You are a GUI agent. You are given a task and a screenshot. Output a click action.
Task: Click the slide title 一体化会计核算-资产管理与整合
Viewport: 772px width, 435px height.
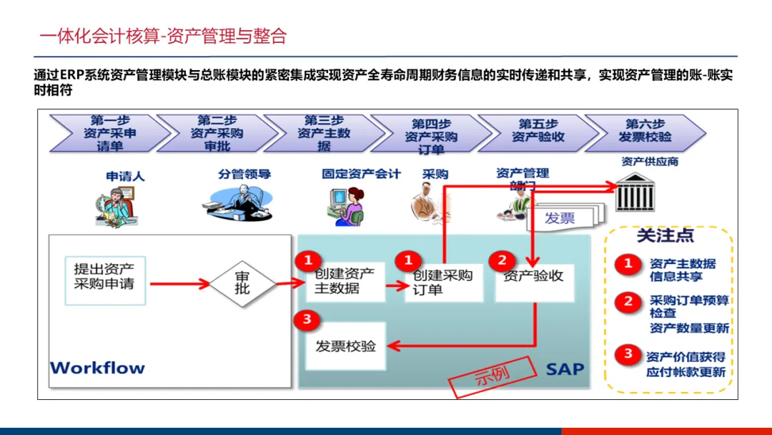[x=164, y=36]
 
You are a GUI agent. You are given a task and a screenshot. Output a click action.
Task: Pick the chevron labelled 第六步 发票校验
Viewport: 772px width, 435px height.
[x=645, y=132]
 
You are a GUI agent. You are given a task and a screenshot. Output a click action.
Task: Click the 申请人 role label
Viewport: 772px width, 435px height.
[x=125, y=176]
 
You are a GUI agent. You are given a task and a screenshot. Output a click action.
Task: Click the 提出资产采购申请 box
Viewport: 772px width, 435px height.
[x=104, y=276]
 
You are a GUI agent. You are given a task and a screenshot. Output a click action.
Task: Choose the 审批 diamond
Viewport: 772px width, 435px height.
[x=242, y=283]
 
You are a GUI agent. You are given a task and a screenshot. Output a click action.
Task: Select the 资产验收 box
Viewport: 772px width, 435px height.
[x=534, y=276]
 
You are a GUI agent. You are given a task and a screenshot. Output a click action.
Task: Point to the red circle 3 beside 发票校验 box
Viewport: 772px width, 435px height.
[x=307, y=319]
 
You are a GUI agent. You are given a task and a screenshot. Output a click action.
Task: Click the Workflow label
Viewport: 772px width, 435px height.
[x=97, y=368]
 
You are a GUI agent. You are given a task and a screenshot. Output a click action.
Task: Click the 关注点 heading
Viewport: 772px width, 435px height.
[x=665, y=235]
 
